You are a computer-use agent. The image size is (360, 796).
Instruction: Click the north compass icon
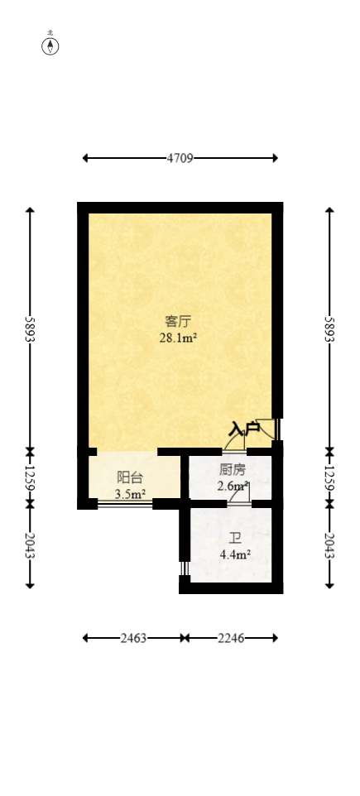pos(50,46)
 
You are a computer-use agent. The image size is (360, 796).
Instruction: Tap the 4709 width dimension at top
pos(180,158)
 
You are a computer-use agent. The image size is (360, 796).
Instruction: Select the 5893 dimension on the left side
pos(31,329)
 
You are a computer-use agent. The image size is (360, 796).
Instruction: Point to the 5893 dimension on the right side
pos(329,329)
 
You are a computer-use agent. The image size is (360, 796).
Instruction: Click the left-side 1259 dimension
pos(31,478)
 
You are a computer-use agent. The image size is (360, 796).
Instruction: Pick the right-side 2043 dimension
pos(329,546)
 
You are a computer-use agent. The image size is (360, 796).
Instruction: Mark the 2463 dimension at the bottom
pos(134,638)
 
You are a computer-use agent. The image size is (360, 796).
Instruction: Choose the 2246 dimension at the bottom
pos(231,638)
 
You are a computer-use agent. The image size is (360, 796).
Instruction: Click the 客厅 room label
pos(178,321)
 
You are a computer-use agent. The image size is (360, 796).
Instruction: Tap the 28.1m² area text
pos(178,338)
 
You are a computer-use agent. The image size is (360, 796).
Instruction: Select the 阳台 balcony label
pos(129,477)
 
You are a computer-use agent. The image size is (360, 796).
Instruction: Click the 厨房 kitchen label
pos(232,470)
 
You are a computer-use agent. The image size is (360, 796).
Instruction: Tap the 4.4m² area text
pos(235,555)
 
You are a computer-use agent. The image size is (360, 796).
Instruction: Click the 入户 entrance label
pos(244,429)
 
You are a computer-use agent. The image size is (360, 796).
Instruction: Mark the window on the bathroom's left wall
pos(184,568)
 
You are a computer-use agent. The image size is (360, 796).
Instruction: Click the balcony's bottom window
pos(125,503)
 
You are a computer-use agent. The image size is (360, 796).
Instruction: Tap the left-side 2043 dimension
pos(31,546)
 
